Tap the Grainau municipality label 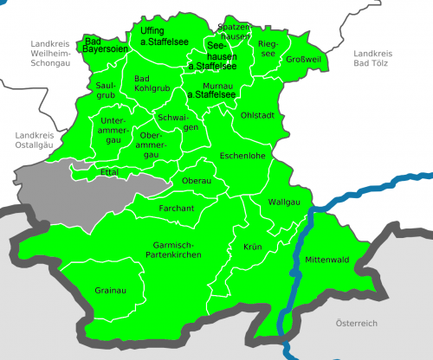pyautogui.click(x=112, y=289)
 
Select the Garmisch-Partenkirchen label pyautogui.click(x=171, y=251)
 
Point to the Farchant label pyautogui.click(x=176, y=209)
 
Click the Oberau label pyautogui.click(x=197, y=180)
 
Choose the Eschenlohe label pyautogui.click(x=243, y=157)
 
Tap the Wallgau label pyautogui.click(x=286, y=202)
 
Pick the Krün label pyautogui.click(x=252, y=247)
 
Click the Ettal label pyautogui.click(x=109, y=172)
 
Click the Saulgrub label pyautogui.click(x=106, y=90)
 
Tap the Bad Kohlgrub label pyautogui.click(x=152, y=84)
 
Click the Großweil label pyautogui.click(x=304, y=60)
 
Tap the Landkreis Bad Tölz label pyautogui.click(x=374, y=59)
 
